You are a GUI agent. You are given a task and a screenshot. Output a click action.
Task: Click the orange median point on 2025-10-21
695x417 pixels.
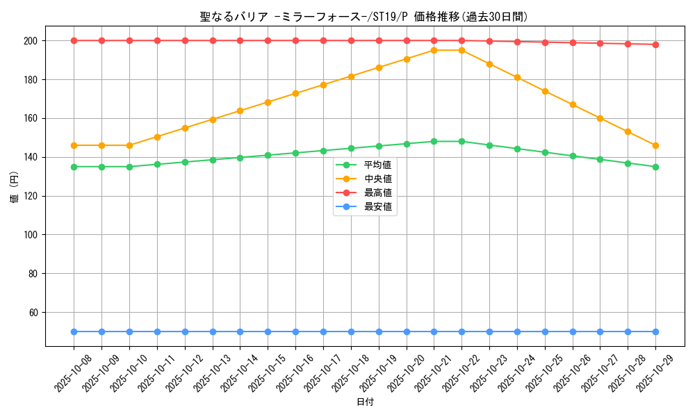[x=434, y=50]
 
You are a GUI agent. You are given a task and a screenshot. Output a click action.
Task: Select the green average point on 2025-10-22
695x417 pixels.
[x=461, y=141]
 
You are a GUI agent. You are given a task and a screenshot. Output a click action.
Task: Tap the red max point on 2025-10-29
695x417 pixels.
[x=655, y=44]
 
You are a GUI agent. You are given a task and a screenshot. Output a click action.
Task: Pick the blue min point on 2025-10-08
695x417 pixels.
[x=74, y=332]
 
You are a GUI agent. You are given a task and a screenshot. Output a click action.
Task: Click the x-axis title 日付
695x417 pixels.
[x=365, y=402]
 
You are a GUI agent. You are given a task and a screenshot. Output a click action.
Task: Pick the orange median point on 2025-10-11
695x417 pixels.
[x=157, y=137]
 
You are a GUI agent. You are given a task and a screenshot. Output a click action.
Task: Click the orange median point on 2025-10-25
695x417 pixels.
[x=545, y=91]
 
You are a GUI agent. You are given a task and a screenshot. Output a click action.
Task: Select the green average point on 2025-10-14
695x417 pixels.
[x=240, y=158]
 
